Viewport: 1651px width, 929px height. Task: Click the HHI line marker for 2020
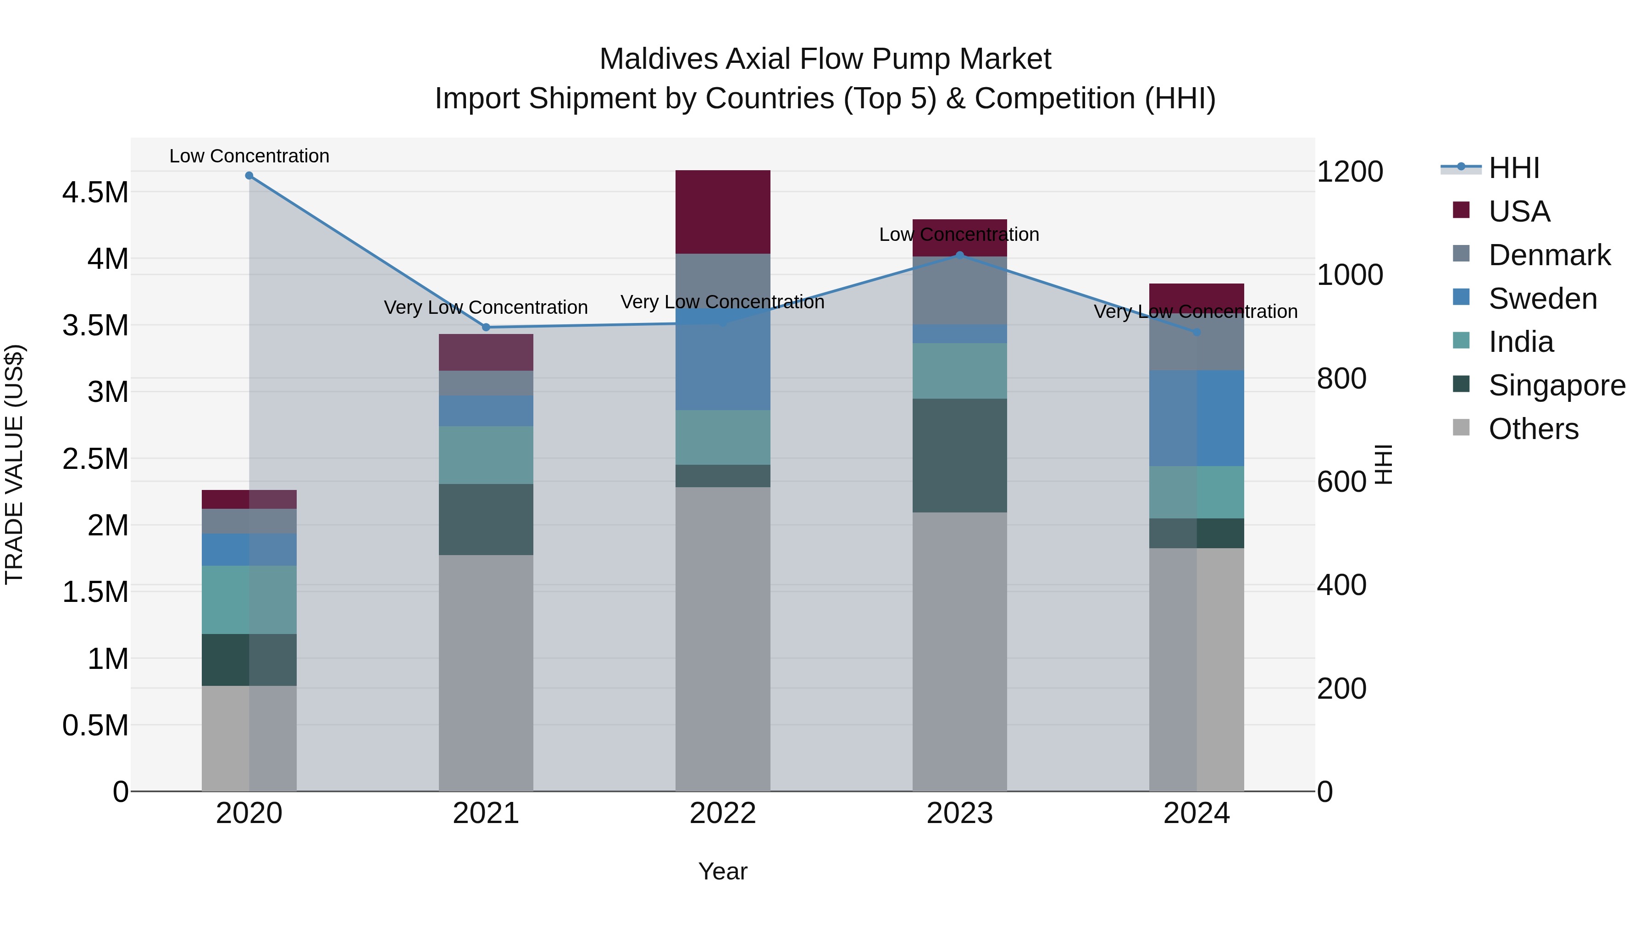pos(249,176)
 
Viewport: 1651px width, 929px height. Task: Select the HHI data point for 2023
pos(959,255)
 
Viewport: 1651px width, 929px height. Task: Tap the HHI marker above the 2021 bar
pos(486,328)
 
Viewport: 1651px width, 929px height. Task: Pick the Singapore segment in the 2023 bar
pos(959,455)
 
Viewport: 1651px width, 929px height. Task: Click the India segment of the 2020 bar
pos(249,600)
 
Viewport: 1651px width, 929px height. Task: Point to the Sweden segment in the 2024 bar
pos(1196,418)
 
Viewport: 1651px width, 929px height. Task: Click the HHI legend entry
pos(1513,168)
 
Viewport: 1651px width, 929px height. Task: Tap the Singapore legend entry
pos(1556,385)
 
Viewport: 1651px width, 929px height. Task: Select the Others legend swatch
pos(1461,428)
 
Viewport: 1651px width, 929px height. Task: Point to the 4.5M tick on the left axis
pos(95,192)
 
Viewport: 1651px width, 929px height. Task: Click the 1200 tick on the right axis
pos(1350,172)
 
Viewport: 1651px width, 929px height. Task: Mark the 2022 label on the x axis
pos(722,813)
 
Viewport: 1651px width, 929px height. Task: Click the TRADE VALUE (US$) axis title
pos(15,464)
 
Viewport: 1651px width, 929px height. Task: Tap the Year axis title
pos(722,871)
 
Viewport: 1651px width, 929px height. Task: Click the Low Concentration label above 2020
pos(249,156)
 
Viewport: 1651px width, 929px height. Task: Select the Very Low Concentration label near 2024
pos(1195,312)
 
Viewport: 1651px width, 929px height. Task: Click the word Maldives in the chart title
pos(658,59)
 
